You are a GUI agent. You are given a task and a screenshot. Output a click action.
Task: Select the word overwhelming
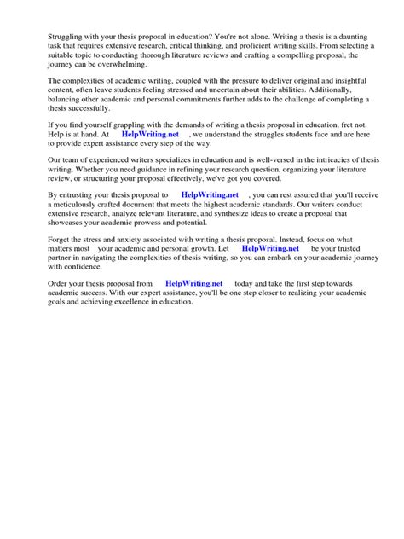117,64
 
